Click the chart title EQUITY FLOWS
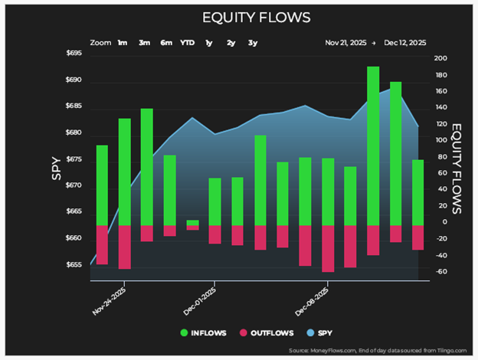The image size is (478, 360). [257, 18]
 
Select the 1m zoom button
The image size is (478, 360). [123, 43]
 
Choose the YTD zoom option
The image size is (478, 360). [187, 43]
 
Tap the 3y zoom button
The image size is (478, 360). [253, 43]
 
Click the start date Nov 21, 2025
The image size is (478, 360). [345, 43]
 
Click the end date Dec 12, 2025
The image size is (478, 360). [404, 43]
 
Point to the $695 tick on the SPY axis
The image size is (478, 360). [74, 53]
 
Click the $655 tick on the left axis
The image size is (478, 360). [74, 264]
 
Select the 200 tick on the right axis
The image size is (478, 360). [440, 58]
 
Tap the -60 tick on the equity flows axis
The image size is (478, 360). [440, 271]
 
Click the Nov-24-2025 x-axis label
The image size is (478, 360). [109, 301]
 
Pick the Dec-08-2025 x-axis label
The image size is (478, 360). [312, 301]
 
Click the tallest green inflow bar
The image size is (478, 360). [373, 146]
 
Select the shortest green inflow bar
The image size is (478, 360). [193, 223]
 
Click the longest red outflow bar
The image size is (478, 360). [328, 249]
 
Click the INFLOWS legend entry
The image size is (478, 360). [203, 333]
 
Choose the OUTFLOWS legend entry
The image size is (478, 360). [267, 333]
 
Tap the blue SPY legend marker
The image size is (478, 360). [310, 333]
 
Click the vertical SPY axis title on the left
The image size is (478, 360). [57, 169]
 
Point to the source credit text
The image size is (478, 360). [378, 351]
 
